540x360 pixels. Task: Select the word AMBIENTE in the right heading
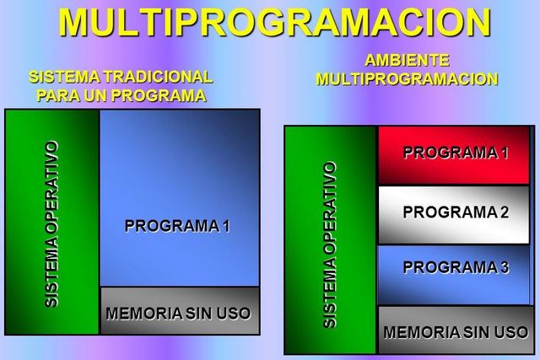pos(407,61)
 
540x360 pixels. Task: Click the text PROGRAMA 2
pos(456,212)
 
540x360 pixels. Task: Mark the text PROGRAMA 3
pos(456,268)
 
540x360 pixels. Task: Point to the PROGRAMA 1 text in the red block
pos(456,153)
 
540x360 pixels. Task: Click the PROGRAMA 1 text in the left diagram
pos(177,226)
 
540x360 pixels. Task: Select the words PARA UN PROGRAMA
pos(121,95)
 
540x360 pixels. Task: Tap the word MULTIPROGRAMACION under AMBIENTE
pos(407,79)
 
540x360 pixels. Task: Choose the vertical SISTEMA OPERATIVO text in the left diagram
pos(52,224)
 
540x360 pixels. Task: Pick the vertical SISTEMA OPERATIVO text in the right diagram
pos(330,244)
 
